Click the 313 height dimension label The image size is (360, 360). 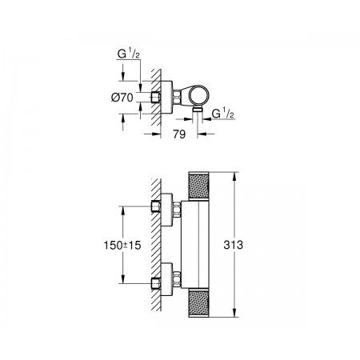[234, 245]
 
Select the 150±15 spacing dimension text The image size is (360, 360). [122, 246]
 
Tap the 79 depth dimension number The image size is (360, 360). [179, 134]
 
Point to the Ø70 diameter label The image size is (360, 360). [122, 98]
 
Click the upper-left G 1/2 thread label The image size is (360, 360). [129, 54]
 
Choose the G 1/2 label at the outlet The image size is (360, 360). [223, 114]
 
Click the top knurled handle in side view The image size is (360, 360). [198, 186]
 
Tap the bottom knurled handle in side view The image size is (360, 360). [198, 303]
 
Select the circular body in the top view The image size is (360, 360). [199, 95]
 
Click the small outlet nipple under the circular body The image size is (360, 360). [198, 110]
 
